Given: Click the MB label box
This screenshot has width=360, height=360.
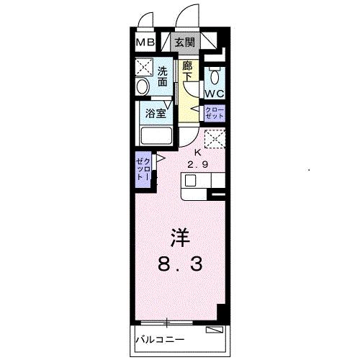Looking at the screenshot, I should click(x=145, y=42).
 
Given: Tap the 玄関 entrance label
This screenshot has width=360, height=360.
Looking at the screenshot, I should click(x=184, y=42).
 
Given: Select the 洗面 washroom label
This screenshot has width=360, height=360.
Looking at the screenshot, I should click(x=163, y=77).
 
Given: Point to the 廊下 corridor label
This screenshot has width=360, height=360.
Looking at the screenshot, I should click(x=187, y=71).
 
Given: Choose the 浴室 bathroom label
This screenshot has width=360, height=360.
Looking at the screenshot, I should click(x=156, y=113).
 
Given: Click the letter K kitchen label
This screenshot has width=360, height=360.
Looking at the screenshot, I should click(x=199, y=153).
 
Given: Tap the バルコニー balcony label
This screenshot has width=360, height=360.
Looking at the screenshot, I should click(x=160, y=338).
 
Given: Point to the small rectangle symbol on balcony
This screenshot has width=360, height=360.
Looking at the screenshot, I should click(x=214, y=331).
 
